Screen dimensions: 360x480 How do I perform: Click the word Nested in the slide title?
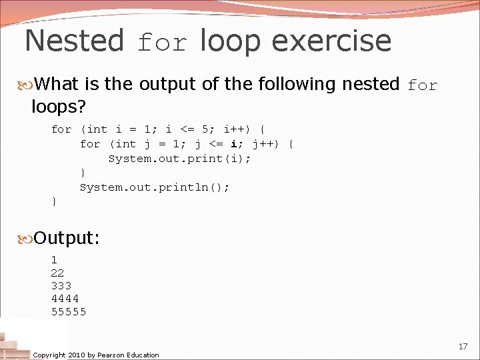tap(74, 41)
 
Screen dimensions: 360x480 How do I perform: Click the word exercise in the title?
tap(331, 41)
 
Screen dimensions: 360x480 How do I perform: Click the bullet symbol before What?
tap(27, 85)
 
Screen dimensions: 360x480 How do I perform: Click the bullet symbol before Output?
tap(27, 237)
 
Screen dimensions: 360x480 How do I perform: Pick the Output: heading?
tap(67, 237)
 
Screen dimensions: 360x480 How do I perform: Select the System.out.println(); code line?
tap(155, 187)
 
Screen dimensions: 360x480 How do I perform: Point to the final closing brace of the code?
tap(54, 201)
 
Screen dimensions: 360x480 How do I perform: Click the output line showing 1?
tap(54, 260)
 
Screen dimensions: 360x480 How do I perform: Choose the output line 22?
tap(57, 273)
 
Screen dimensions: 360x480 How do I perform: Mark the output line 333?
tap(61, 286)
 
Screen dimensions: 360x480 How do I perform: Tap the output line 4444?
tap(65, 299)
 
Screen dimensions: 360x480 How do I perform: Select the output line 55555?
tap(69, 311)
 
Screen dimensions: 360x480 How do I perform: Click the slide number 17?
tap(463, 347)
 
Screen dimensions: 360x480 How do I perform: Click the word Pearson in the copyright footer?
tap(111, 355)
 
